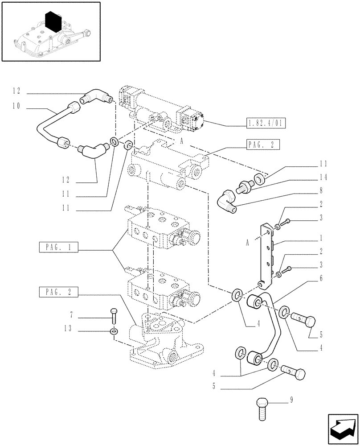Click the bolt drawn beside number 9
pyautogui.click(x=262, y=408)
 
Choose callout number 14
pyautogui.click(x=323, y=178)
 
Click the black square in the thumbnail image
pyautogui.click(x=53, y=21)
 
